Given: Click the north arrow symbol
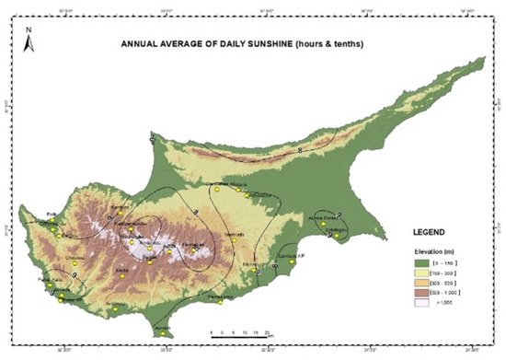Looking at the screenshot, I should click(29, 40).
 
